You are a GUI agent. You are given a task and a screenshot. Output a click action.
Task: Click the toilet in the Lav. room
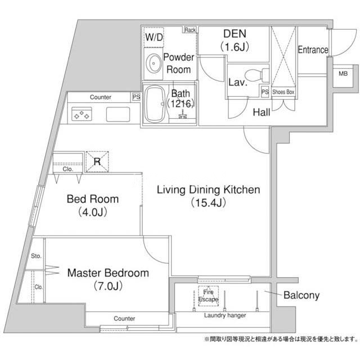[x=256, y=75]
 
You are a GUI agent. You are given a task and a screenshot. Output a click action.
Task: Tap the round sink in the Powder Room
[x=154, y=64]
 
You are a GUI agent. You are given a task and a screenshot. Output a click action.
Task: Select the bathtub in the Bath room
[x=155, y=105]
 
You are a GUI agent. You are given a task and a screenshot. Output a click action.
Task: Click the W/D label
[x=154, y=37]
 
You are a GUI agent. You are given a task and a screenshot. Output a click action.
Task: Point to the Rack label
[x=190, y=30]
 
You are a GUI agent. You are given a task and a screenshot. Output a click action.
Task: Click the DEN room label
[x=235, y=34]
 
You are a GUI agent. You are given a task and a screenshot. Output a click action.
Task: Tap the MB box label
[x=343, y=74]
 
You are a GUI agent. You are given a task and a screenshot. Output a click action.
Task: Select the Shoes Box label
[x=283, y=92]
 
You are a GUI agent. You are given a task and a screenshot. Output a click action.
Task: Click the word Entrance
[x=313, y=50]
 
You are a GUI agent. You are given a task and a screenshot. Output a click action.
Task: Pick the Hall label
[x=262, y=112]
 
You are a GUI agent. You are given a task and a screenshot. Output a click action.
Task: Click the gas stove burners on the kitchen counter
[x=82, y=114]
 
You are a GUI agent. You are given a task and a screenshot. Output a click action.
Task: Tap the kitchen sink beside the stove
[x=118, y=114]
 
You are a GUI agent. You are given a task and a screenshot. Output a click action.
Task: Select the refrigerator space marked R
[x=97, y=161]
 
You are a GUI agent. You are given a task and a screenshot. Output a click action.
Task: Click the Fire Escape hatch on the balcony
[x=208, y=296]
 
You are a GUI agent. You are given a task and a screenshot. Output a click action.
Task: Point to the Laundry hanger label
[x=225, y=316]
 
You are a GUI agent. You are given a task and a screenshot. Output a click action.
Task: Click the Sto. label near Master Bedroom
[x=36, y=256]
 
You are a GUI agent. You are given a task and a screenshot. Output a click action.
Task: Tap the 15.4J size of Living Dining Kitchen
[x=209, y=202]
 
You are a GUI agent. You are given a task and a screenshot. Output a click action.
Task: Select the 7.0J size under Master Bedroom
[x=108, y=286]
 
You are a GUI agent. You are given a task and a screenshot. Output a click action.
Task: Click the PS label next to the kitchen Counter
[x=136, y=97]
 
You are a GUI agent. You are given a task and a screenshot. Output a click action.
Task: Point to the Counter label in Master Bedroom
[x=124, y=318]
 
